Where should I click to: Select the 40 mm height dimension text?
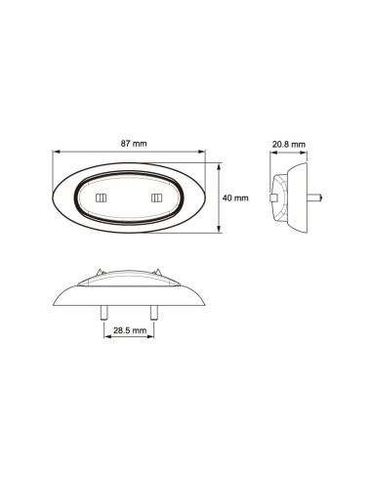(x=235, y=197)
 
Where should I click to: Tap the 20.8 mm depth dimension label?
(x=288, y=144)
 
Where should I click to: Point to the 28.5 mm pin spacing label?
(x=129, y=331)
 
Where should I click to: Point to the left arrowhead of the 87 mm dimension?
(x=57, y=153)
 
